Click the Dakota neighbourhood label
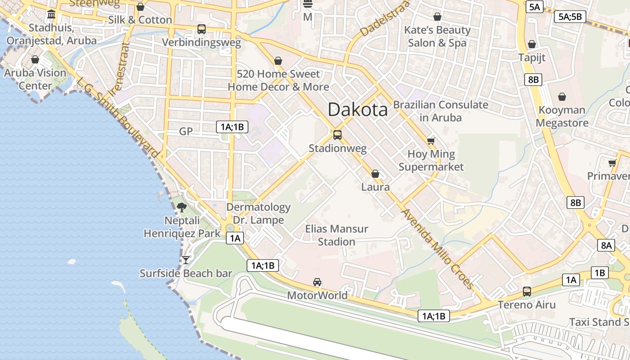tap(357, 109)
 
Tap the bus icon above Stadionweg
tap(337, 135)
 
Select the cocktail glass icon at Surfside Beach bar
tap(185, 260)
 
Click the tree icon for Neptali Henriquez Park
tap(182, 207)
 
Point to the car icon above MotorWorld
tap(317, 282)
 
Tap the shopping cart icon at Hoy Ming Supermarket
tap(431, 141)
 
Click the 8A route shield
tap(606, 245)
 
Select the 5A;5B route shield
tap(570, 17)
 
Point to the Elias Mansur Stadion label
tap(337, 235)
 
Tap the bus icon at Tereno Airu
tap(527, 292)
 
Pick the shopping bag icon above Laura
tap(375, 174)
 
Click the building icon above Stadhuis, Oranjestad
tap(51, 14)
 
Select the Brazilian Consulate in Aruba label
tap(440, 111)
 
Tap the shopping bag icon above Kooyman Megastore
tap(562, 97)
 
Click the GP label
tap(186, 131)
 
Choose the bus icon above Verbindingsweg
tap(202, 29)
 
